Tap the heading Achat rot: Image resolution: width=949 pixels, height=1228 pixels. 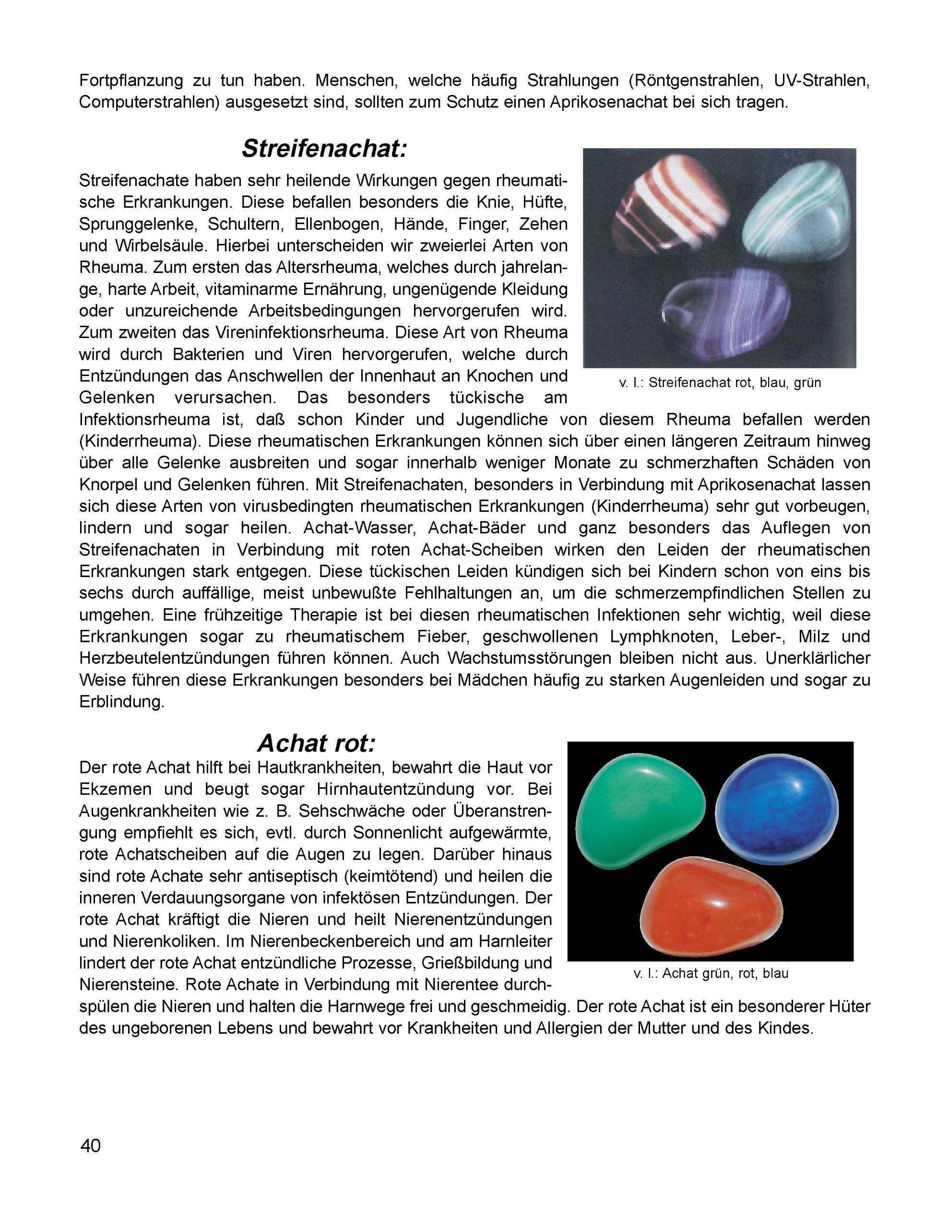pyautogui.click(x=316, y=744)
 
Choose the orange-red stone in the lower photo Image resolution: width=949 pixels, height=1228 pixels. pyautogui.click(x=711, y=909)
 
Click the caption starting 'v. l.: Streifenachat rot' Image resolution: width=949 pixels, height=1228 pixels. pyautogui.click(x=720, y=383)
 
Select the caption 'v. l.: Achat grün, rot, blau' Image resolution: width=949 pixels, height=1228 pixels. pyautogui.click(x=711, y=973)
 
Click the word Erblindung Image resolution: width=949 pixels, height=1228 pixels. pyautogui.click(x=121, y=702)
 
